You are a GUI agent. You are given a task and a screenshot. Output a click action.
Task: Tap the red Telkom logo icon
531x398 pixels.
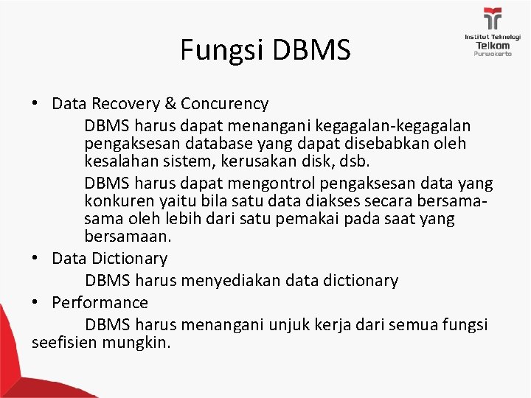[491, 19]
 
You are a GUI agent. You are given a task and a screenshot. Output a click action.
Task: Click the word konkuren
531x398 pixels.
[116, 200]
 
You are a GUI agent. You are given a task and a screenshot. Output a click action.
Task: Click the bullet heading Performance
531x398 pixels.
[100, 302]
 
